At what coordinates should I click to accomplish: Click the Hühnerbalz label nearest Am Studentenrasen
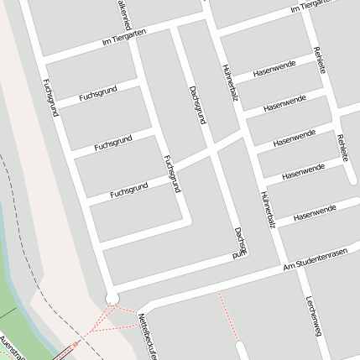point(267,211)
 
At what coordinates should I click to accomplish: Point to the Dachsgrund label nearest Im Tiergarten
point(197,105)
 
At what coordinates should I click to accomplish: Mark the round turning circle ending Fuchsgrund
point(112,298)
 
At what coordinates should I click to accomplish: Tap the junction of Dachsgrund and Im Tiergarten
point(174,31)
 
